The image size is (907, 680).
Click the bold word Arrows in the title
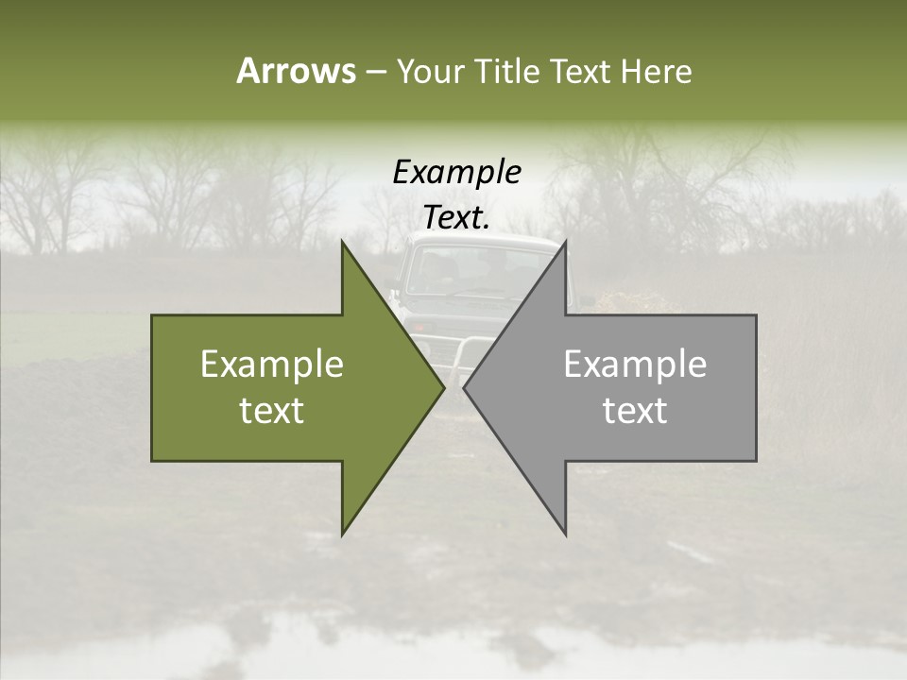click(296, 72)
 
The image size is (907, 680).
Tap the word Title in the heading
click(507, 72)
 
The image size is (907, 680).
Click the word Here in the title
click(657, 72)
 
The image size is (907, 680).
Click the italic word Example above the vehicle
click(456, 173)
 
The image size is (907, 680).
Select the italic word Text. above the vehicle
click(456, 217)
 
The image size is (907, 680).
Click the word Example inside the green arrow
click(272, 365)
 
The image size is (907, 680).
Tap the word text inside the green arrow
click(272, 411)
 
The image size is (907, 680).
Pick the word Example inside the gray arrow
click(635, 365)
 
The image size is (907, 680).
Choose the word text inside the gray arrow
click(635, 411)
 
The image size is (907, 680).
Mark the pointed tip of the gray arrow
click(465, 388)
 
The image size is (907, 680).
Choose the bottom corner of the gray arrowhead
click(566, 535)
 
